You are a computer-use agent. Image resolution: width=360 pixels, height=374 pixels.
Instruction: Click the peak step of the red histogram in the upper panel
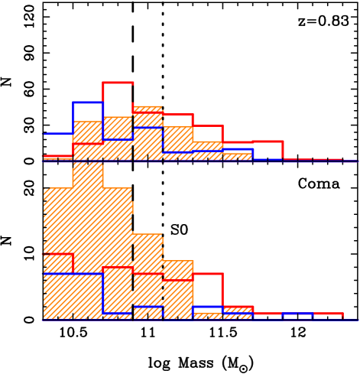point(118,83)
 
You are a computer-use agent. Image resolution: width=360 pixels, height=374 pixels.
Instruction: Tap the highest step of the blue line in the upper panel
point(88,102)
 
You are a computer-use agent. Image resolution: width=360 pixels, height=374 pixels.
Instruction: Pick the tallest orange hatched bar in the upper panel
point(148,134)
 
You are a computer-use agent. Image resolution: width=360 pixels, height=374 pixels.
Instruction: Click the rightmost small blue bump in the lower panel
point(298,314)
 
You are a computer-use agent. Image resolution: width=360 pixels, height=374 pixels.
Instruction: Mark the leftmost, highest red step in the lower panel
point(57,254)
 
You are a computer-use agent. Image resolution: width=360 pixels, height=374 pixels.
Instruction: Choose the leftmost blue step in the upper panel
point(57,134)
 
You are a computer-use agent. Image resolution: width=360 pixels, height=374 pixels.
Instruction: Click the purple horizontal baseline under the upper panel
point(199,162)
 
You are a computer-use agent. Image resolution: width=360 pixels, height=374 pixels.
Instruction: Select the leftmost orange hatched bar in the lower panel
point(58,252)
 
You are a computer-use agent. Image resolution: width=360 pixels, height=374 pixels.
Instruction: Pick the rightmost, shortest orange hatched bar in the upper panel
point(237,156)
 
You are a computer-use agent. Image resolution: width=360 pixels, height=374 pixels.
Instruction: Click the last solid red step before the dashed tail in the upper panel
point(268,142)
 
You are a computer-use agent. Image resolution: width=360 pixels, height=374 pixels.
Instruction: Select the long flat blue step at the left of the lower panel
point(73,273)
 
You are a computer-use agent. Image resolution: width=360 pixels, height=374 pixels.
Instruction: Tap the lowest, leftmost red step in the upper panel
point(57,156)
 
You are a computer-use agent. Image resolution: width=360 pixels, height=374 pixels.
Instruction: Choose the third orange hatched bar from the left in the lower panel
point(118,252)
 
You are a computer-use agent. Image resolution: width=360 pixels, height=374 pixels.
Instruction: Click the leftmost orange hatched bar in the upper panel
point(88,141)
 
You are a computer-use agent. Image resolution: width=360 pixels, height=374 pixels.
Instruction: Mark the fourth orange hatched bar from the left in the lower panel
point(148,275)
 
